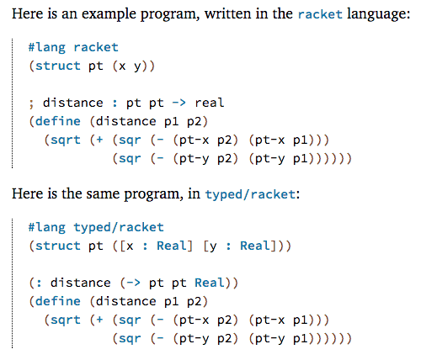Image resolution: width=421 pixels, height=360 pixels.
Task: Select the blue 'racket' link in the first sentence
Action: click(320, 14)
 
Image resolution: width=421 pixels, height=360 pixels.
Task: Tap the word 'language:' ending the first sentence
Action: click(379, 14)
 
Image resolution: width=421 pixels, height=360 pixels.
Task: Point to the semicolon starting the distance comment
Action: click(31, 103)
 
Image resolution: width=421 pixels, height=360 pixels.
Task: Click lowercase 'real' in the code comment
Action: click(210, 103)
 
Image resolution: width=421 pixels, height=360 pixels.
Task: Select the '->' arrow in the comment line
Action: click(179, 103)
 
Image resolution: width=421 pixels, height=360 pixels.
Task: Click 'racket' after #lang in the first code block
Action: click(96, 47)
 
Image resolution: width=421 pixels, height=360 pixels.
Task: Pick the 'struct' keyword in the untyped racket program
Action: click(58, 66)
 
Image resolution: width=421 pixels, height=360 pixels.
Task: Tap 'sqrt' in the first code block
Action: click(66, 140)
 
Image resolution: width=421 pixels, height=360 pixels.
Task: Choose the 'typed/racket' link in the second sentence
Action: click(250, 194)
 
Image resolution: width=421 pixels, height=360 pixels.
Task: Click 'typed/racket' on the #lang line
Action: click(119, 228)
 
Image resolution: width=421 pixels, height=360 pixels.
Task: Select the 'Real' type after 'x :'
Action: click(171, 246)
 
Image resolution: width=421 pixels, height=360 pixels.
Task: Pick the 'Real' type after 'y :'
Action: click(254, 246)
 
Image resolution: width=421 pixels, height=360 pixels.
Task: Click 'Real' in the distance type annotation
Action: click(210, 283)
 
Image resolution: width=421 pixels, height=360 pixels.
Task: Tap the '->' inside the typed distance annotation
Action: click(133, 283)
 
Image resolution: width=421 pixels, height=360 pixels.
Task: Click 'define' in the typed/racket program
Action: click(58, 301)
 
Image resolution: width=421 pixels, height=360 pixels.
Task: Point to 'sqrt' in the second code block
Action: click(66, 320)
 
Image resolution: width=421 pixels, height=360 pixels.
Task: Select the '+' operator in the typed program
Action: click(99, 320)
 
